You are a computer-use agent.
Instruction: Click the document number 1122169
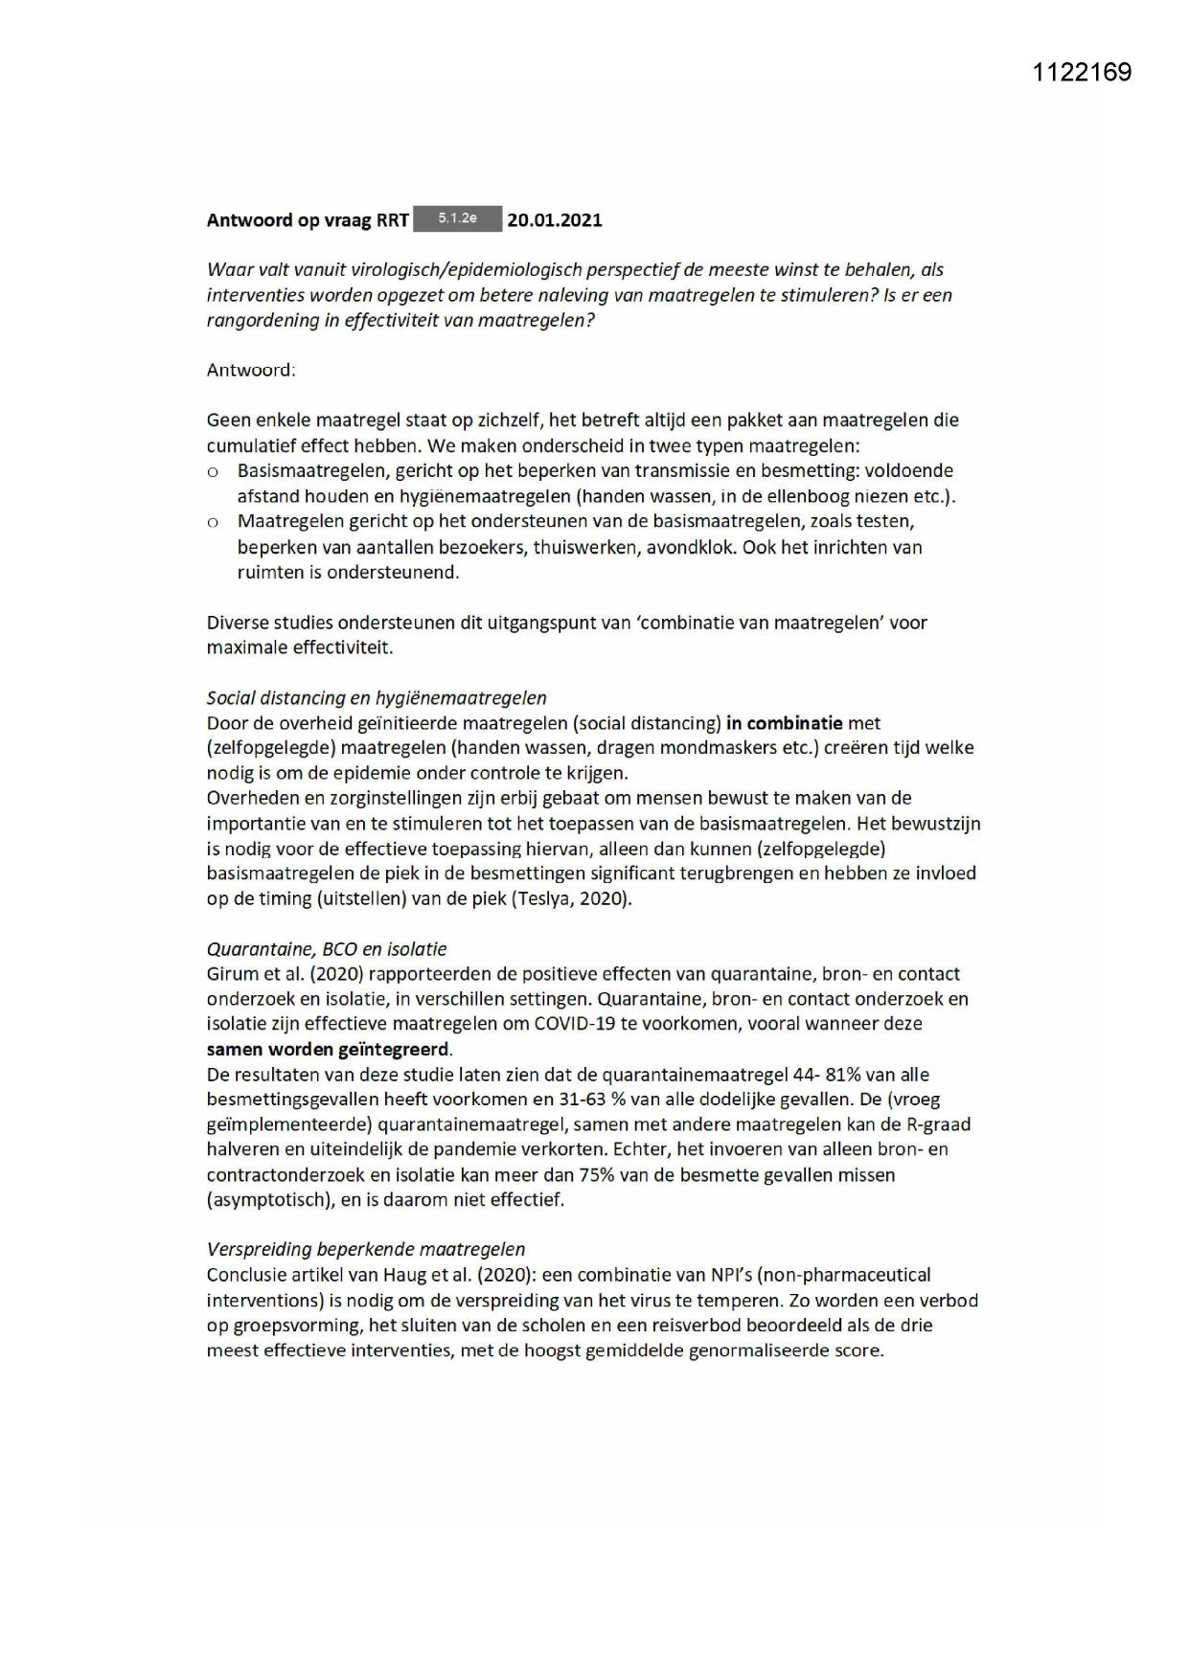click(1082, 73)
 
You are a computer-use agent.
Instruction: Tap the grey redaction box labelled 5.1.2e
click(457, 219)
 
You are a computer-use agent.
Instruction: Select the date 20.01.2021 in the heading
click(555, 220)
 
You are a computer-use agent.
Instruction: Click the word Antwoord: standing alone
click(251, 371)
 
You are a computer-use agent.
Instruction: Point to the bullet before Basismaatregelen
click(214, 472)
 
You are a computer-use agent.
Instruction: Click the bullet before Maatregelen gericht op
click(214, 523)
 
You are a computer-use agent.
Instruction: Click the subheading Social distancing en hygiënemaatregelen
click(377, 698)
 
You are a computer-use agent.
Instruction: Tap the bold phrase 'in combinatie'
click(784, 723)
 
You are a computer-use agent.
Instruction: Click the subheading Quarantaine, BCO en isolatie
click(327, 949)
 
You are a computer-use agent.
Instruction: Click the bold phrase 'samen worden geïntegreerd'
click(328, 1049)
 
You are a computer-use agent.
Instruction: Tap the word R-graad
click(938, 1124)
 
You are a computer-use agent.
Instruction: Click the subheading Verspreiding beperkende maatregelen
click(366, 1250)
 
